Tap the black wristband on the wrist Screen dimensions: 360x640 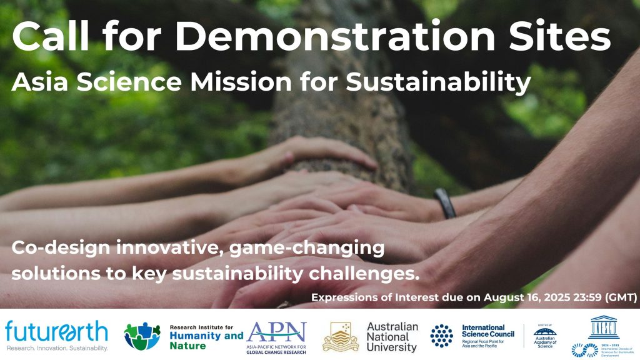[444, 203]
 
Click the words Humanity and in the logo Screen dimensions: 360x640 [207, 336]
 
